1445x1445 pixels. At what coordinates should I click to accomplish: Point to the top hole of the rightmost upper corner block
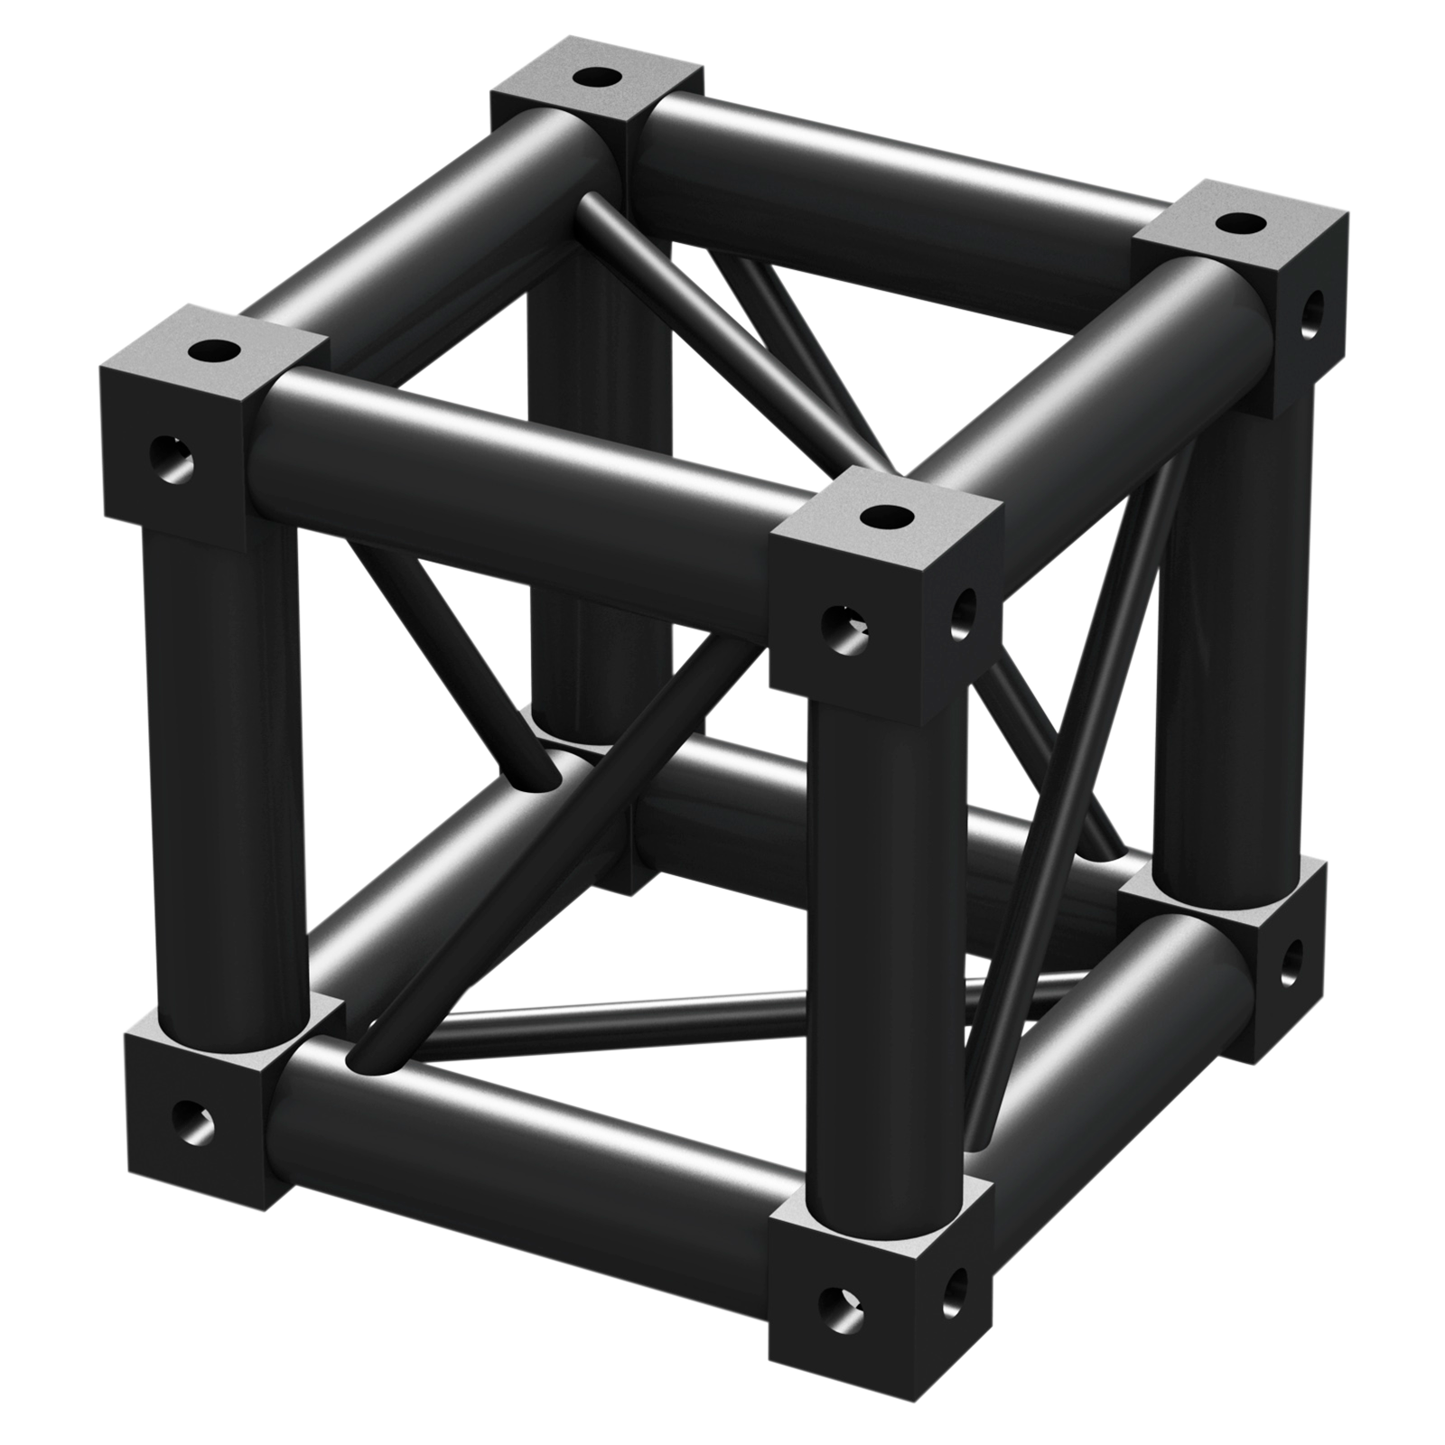click(x=1241, y=222)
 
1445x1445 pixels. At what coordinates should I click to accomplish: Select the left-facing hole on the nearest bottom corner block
click(x=839, y=1304)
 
